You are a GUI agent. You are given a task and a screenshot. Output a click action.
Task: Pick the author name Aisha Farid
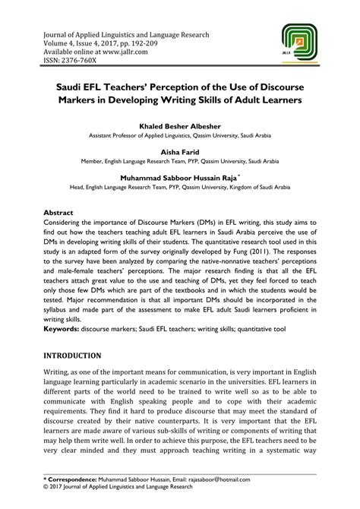point(180,151)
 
